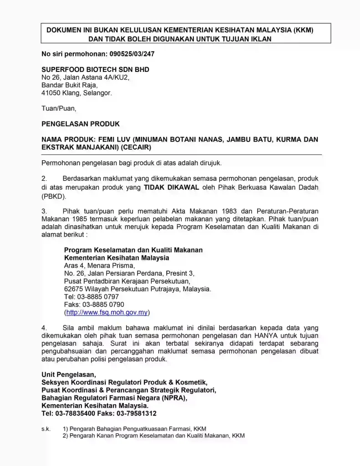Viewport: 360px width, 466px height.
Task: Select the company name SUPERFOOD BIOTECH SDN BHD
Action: [95, 70]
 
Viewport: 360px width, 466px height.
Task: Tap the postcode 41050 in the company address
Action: [51, 93]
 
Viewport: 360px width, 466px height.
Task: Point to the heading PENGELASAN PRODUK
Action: [81, 124]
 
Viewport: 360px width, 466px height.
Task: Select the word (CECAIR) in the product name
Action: [136, 147]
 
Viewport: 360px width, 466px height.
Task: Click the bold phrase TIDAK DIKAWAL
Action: [171, 187]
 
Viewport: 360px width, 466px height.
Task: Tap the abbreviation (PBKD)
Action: [54, 196]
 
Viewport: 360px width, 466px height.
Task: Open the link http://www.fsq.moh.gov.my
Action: [107, 313]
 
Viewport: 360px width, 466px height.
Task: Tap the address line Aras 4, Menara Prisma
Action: [99, 265]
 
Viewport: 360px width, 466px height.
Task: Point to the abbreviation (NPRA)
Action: [173, 398]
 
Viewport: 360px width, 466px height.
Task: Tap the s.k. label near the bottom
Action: [46, 428]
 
